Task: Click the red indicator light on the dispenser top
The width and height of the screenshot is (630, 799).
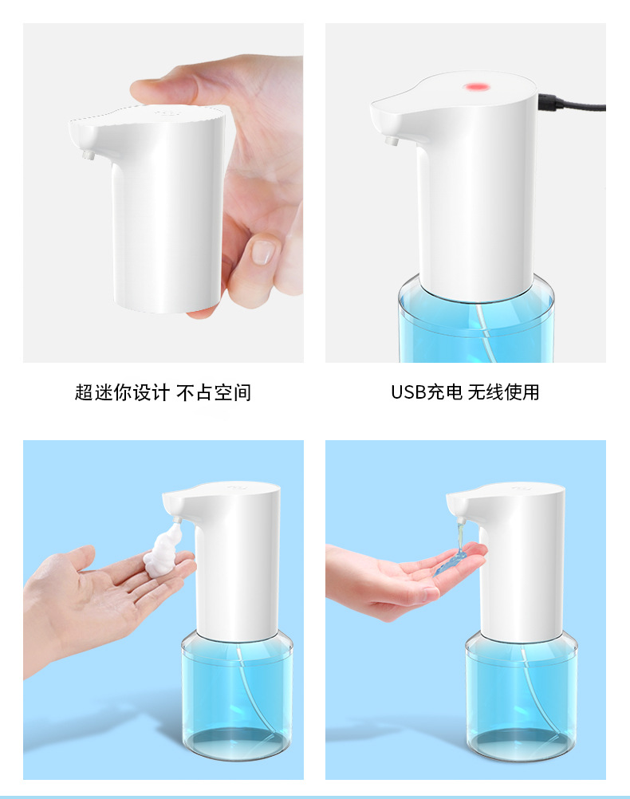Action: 476,87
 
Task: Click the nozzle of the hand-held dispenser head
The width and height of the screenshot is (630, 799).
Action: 88,154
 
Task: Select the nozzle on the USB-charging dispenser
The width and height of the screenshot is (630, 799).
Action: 392,140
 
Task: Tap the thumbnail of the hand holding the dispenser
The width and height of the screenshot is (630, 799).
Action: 262,252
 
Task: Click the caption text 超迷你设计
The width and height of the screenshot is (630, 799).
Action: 122,392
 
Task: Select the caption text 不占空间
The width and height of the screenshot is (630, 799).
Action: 214,392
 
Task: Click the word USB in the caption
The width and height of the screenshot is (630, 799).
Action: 408,392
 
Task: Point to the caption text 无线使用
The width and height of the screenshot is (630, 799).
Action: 503,392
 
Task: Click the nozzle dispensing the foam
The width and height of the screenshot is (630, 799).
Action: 177,520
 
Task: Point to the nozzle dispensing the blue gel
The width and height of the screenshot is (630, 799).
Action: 461,521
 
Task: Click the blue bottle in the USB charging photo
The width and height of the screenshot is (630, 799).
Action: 476,321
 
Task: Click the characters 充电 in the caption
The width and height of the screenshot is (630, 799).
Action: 444,392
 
